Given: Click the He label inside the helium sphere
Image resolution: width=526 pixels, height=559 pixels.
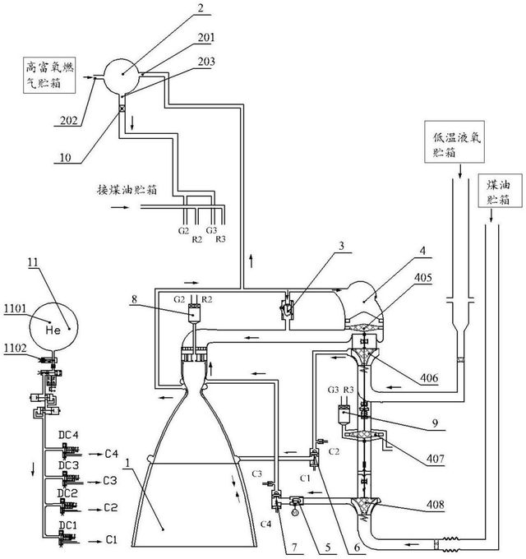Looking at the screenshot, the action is point(53,330).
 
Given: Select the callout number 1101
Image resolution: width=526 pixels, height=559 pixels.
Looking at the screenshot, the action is point(16,308).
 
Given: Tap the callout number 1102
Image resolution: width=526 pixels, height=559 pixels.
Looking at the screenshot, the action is point(16,349).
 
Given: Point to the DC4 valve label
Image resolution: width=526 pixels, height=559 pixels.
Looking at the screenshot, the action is point(68,435).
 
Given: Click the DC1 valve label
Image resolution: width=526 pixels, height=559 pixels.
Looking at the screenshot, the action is point(67,524).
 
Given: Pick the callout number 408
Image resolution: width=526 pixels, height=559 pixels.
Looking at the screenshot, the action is point(435,505).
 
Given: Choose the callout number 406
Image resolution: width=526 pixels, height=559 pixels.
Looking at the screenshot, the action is point(429,377).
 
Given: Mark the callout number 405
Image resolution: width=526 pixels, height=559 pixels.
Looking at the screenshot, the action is point(423,277).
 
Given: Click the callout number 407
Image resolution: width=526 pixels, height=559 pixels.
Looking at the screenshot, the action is point(436,459).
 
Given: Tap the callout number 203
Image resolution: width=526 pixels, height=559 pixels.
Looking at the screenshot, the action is point(206,62).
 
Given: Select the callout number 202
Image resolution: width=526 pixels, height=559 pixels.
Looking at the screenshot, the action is point(68,120).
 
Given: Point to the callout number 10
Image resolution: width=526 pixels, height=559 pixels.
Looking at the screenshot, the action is point(65,157).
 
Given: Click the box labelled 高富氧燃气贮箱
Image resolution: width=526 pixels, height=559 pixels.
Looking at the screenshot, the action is point(49,75).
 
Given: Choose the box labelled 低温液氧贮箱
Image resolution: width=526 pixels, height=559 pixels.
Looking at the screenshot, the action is point(454,142).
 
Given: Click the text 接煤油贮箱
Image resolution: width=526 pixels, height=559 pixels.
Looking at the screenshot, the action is point(127,190).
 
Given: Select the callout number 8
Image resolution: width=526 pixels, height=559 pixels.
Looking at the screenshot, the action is point(134,298).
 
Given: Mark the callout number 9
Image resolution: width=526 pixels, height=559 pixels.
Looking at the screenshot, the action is point(435,423).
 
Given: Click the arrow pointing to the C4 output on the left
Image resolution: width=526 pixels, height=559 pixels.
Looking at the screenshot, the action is point(95,454).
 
